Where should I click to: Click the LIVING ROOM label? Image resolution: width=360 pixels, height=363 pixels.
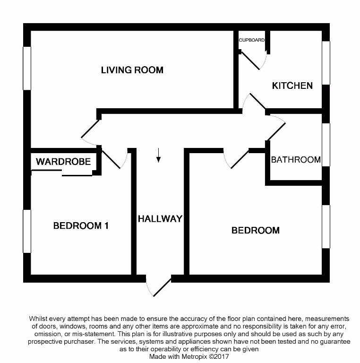132,70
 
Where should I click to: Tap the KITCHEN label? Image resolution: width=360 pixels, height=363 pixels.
292,86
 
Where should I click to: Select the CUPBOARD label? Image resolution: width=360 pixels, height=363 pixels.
251,40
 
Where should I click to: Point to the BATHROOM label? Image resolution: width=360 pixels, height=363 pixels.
296,159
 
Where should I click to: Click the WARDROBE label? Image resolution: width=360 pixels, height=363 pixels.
63,162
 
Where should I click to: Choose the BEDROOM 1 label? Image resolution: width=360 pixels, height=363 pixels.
81,225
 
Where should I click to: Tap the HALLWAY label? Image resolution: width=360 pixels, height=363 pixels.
160,218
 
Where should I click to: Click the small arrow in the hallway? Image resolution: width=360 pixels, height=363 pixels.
158,155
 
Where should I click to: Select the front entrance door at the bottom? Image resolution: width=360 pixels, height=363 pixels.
159,285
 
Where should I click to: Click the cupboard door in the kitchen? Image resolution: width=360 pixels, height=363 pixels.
252,60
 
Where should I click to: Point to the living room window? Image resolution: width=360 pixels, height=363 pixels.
27,68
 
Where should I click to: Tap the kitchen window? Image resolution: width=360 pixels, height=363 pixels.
326,63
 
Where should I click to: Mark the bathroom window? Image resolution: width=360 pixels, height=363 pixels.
326,145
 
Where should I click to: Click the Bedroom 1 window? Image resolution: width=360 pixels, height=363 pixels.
27,231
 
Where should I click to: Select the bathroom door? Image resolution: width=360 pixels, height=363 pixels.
275,128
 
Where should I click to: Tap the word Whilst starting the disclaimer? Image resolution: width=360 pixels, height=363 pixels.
38,319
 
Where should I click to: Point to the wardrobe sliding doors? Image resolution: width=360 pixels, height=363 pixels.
62,173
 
